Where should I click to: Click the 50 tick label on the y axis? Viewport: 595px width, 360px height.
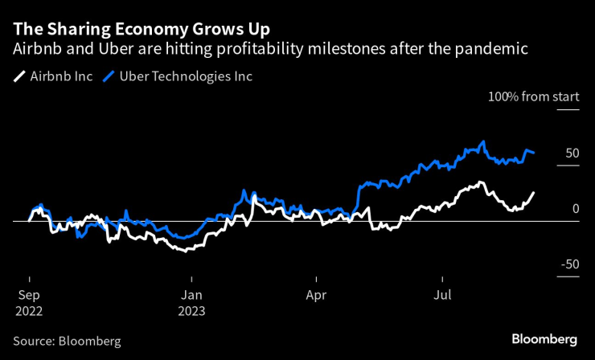click(x=572, y=153)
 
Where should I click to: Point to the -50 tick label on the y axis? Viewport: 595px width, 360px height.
click(x=569, y=264)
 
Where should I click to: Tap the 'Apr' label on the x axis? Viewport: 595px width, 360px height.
click(x=317, y=294)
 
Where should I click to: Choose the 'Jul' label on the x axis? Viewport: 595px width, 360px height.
click(x=441, y=294)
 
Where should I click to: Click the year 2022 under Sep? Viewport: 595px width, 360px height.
click(x=29, y=311)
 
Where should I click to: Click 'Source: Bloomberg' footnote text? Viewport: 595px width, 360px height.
click(x=67, y=341)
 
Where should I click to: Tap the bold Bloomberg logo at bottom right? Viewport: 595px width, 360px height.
click(x=544, y=339)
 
